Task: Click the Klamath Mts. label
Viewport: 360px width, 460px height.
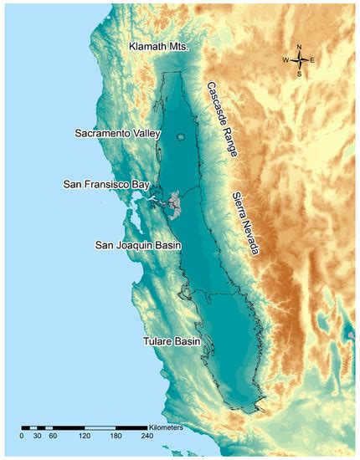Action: [159, 47]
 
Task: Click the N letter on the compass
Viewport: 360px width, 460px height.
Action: [298, 47]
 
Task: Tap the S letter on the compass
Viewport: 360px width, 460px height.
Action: [298, 74]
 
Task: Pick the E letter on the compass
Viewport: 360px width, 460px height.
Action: [312, 60]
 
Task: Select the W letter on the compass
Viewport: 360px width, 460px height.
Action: [285, 60]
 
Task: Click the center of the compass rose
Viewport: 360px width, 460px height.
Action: [298, 60]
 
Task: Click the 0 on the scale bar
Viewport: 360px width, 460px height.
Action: [22, 436]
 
